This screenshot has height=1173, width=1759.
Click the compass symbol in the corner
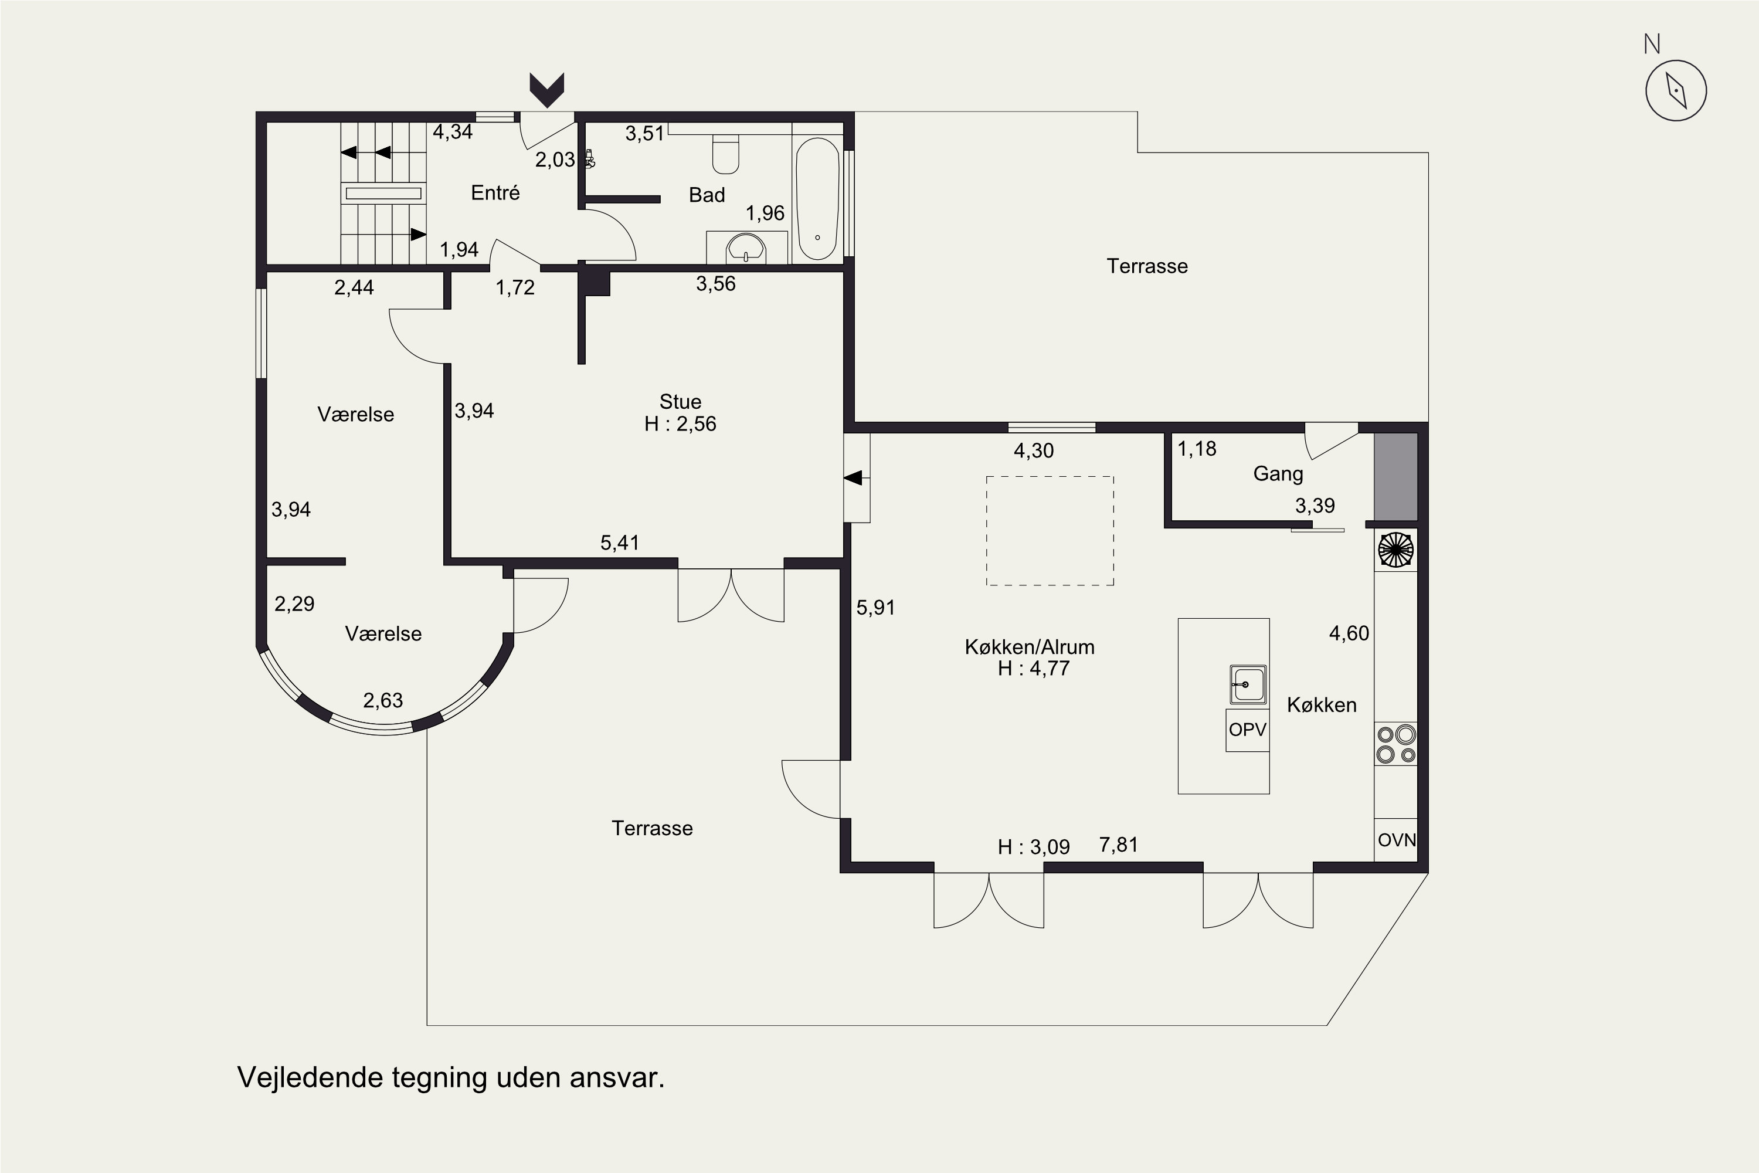1676,90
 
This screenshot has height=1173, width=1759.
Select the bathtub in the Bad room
817,199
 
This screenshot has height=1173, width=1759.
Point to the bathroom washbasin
746,248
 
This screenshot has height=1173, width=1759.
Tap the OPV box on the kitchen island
1248,730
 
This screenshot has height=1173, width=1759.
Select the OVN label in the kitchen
1396,840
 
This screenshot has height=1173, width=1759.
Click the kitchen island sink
1248,685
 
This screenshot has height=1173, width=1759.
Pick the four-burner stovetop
1395,744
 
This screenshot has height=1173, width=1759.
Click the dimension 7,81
1119,845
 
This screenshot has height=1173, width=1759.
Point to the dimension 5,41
620,543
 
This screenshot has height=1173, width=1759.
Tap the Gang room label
1278,473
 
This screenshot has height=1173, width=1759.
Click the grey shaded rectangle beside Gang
1395,476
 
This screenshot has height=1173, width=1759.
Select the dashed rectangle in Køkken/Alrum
1050,530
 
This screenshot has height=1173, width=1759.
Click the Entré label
495,192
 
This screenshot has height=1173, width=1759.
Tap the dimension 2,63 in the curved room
383,701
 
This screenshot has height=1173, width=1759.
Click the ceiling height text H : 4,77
1034,668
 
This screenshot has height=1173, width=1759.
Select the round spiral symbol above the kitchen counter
1395,550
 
